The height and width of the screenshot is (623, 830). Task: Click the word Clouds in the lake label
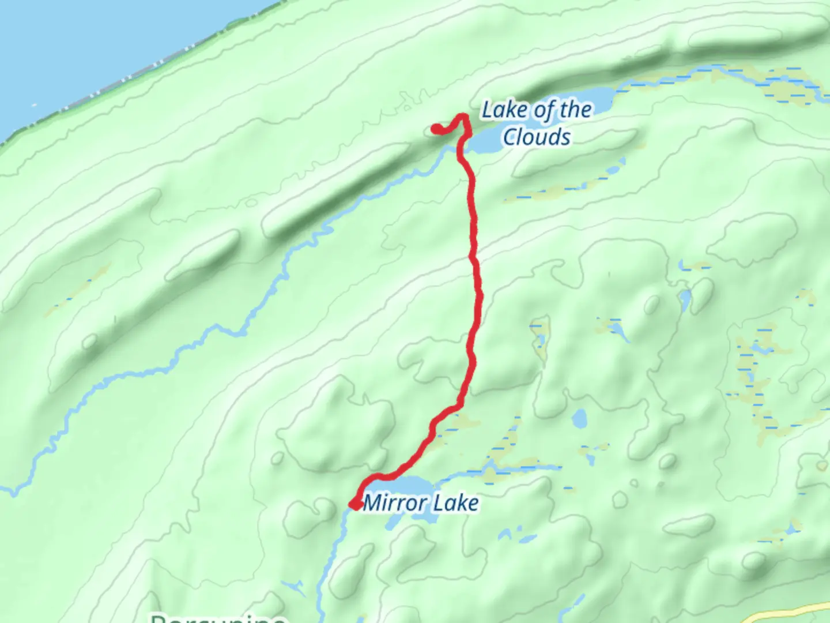tap(537, 137)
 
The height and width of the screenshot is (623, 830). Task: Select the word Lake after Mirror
tap(456, 503)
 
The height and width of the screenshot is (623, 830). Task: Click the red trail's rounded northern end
tap(437, 129)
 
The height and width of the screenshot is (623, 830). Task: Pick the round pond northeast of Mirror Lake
tap(578, 418)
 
